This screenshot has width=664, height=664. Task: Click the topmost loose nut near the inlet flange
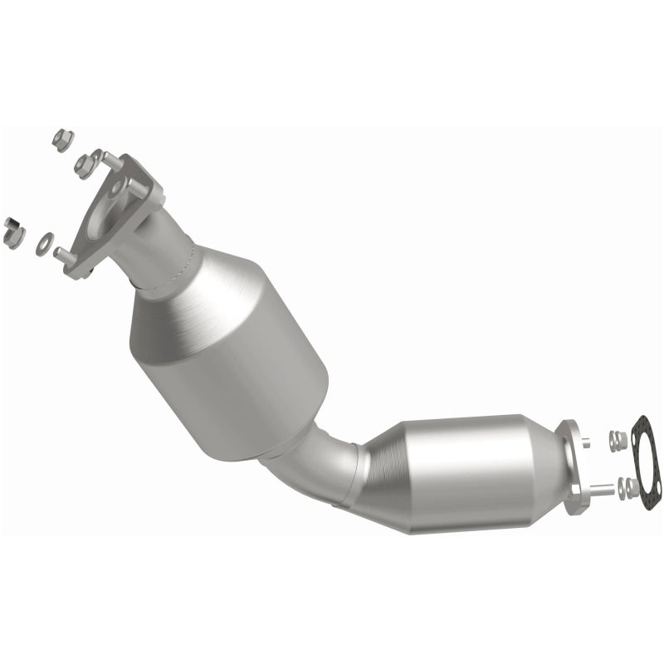point(62,139)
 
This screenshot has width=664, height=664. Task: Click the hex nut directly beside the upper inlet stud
point(84,165)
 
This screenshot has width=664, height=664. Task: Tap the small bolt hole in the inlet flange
point(117,188)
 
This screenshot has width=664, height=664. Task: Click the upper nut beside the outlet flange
point(616,440)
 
